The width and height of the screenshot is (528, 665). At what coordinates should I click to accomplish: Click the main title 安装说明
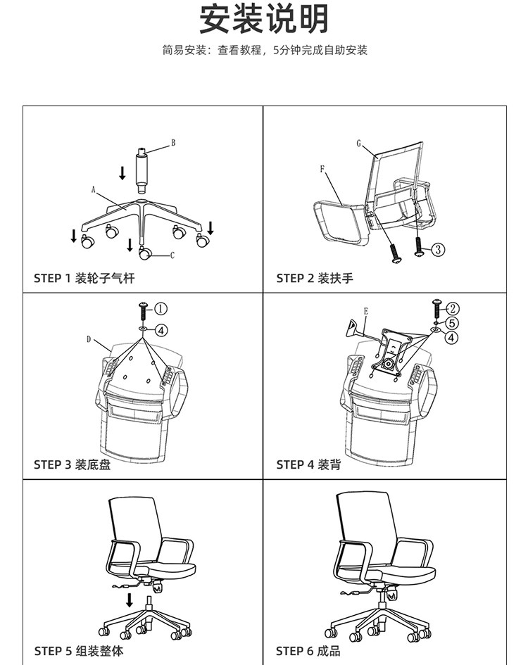tap(264, 19)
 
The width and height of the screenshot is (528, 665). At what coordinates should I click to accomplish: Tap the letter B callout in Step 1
tap(172, 143)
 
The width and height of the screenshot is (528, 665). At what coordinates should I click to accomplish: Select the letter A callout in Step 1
tap(93, 189)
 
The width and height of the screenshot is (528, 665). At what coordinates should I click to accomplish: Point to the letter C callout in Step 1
tap(172, 255)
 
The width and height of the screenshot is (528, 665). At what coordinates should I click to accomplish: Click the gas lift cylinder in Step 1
tap(142, 170)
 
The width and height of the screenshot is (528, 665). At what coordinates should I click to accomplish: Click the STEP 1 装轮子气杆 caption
tap(84, 278)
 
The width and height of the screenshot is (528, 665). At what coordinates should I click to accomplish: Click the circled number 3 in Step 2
tap(437, 249)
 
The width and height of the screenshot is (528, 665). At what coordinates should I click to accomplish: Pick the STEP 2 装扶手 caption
tap(315, 278)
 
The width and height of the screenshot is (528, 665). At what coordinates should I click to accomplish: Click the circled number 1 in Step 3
tap(161, 308)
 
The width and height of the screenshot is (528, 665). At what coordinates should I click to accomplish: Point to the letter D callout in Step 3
tap(89, 339)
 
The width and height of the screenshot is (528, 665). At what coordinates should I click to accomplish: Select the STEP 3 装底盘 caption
tap(72, 464)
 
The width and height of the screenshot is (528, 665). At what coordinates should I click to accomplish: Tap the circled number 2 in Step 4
tap(453, 308)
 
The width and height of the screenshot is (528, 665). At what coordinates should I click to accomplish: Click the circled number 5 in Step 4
tap(453, 323)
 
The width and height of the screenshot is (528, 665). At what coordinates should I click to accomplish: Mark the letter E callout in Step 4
tap(366, 310)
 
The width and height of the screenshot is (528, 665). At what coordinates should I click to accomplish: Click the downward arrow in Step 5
tap(130, 600)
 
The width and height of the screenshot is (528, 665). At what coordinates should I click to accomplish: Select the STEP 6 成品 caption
tap(308, 651)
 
